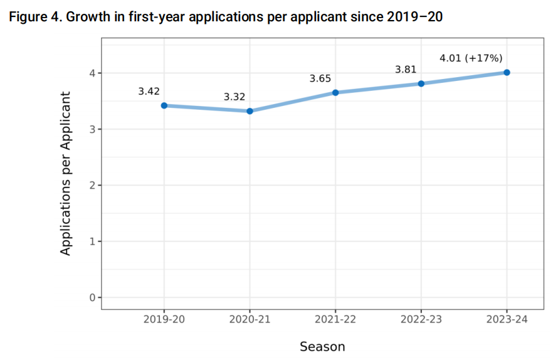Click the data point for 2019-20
[x=164, y=105]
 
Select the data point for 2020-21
[x=250, y=111]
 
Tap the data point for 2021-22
[x=335, y=93]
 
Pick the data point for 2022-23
[x=421, y=83]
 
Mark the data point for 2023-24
[x=507, y=72]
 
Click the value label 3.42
[x=149, y=92]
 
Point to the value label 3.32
[x=234, y=97]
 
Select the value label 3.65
[x=320, y=79]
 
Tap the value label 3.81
[x=406, y=70]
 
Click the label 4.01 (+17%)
[x=471, y=58]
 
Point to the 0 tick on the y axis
[x=92, y=297]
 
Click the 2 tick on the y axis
[x=92, y=185]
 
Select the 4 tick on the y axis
[x=92, y=73]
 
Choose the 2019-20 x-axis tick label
[x=164, y=319]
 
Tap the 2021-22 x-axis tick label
[x=335, y=319]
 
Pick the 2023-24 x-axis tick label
[x=507, y=319]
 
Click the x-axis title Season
[x=322, y=346]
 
